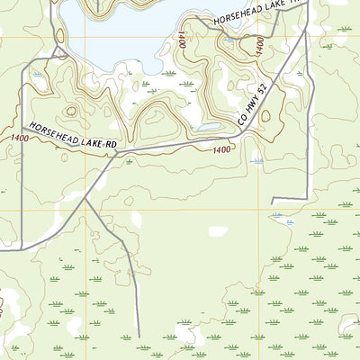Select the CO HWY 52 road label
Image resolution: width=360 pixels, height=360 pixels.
254,103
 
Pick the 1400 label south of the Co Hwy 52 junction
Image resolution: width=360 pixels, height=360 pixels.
222,148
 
